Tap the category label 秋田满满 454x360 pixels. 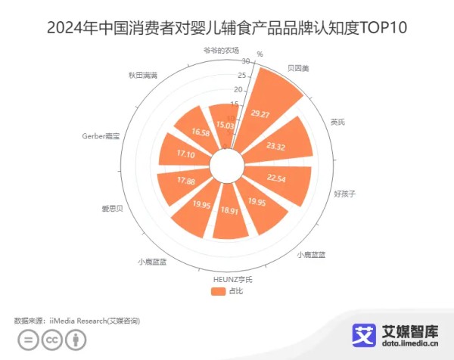142,76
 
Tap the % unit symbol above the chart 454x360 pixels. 260,54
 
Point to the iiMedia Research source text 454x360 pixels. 94,321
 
